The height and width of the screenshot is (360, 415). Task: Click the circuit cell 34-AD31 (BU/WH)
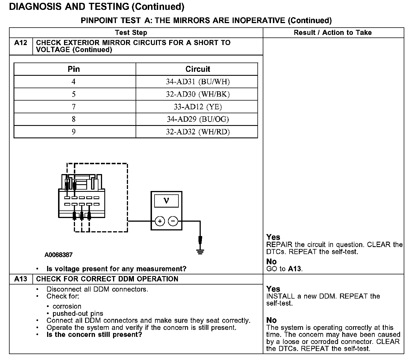coord(198,82)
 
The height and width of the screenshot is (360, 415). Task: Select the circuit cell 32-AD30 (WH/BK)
coord(198,94)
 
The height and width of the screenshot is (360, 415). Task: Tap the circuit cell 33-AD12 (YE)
coord(198,107)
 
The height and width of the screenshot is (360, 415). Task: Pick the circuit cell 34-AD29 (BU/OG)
coord(198,119)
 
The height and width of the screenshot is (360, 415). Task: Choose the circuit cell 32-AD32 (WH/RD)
coord(198,132)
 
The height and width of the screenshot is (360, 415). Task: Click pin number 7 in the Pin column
coord(74,107)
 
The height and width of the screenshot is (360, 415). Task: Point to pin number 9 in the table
coord(74,132)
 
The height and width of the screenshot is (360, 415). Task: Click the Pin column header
coord(74,69)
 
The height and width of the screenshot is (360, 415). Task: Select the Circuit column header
coord(198,69)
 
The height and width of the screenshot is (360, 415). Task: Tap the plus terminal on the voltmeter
coord(160,221)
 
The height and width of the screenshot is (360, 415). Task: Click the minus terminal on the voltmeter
coord(173,221)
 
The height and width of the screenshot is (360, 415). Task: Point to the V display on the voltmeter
coord(166,201)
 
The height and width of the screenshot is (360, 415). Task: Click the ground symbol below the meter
coord(200,252)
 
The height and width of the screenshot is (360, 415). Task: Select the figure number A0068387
coord(58,255)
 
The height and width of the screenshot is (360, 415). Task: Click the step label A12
coord(21,43)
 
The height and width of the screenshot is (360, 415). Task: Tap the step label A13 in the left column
coord(21,279)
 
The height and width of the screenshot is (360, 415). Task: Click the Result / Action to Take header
coord(333,33)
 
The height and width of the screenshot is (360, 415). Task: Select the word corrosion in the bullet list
coord(67,306)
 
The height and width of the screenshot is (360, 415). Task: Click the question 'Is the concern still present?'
coord(94,335)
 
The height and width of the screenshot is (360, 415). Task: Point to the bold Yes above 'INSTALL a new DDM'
coord(273,289)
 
